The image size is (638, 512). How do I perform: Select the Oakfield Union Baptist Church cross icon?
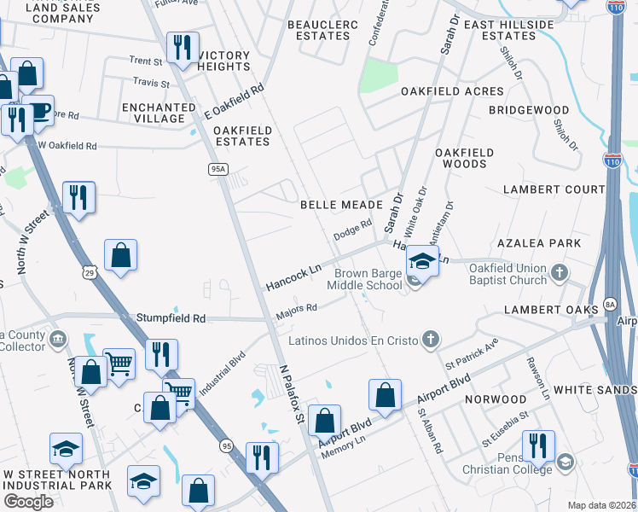tap(559, 273)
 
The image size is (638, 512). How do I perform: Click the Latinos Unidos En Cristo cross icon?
tap(432, 340)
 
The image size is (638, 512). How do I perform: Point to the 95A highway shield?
tap(218, 170)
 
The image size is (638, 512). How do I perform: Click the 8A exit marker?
tap(609, 303)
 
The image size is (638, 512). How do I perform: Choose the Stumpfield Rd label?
tap(171, 318)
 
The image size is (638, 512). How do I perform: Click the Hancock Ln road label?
tap(293, 276)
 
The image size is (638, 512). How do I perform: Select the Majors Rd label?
tap(296, 313)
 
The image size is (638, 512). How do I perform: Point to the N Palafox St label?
tap(293, 393)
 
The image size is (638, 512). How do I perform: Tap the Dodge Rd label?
tap(353, 229)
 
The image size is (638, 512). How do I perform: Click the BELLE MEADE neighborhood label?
tap(340, 206)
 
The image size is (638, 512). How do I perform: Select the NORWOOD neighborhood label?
tap(501, 399)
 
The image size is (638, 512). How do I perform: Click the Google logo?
tap(28, 502)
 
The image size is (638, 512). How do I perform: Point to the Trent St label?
tap(146, 61)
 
